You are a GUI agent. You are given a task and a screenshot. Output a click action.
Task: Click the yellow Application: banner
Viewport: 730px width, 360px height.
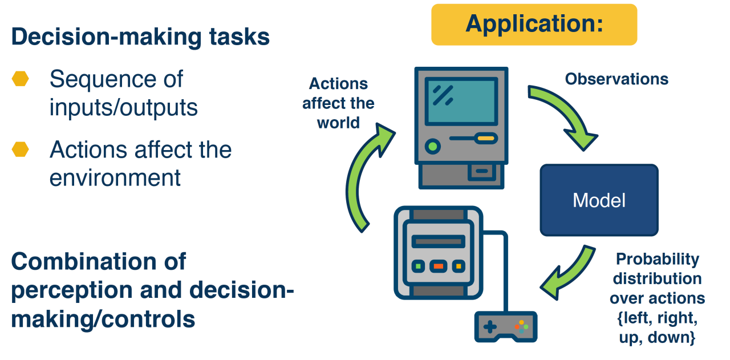[534, 25]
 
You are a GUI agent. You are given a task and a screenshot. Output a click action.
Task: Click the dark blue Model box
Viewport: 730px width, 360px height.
[599, 200]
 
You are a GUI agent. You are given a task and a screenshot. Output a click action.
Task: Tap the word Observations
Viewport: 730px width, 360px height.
[617, 79]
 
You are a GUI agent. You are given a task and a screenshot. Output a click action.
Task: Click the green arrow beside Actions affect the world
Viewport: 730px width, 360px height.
[365, 177]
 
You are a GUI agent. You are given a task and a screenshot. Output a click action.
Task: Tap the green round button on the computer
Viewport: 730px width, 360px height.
[433, 146]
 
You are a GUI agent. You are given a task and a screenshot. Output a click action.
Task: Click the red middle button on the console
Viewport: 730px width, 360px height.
[438, 266]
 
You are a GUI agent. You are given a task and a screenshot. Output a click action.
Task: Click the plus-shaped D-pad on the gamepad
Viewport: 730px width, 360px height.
[490, 327]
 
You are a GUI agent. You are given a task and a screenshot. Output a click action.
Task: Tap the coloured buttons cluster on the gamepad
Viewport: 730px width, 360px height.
[521, 326]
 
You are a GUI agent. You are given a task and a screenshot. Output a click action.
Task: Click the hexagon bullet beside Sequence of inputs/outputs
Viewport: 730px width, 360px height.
[21, 79]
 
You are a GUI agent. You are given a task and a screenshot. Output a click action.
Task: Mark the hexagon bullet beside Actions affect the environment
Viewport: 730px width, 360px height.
[21, 149]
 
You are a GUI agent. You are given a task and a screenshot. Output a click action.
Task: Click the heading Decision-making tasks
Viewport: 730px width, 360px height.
[140, 37]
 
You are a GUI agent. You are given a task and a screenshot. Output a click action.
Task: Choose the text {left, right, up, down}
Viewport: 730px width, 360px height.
[657, 327]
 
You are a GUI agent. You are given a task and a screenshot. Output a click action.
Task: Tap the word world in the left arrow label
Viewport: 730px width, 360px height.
[338, 123]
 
